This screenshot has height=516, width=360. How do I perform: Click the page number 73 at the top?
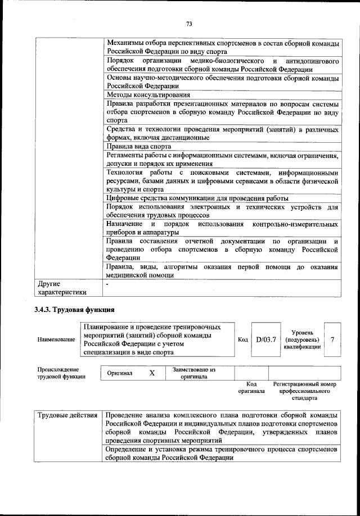tap(190, 24)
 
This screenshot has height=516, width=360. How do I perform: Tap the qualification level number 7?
tap(332, 339)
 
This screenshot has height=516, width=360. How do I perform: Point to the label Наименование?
tap(56, 340)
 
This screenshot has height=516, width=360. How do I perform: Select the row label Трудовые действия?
tap(67, 415)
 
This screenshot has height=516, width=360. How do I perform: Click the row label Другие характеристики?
tap(62, 288)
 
